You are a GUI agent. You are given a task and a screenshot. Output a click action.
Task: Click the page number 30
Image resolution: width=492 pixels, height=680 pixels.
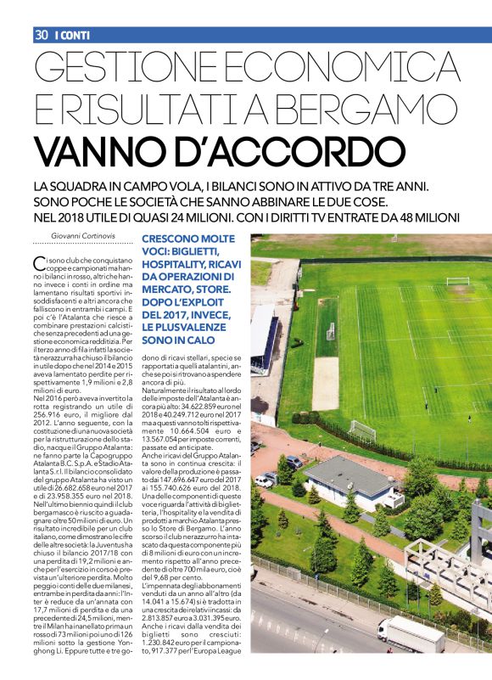[x=41, y=35]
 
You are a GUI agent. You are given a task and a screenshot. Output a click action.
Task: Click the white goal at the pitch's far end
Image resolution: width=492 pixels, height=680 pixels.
[x=458, y=281]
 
